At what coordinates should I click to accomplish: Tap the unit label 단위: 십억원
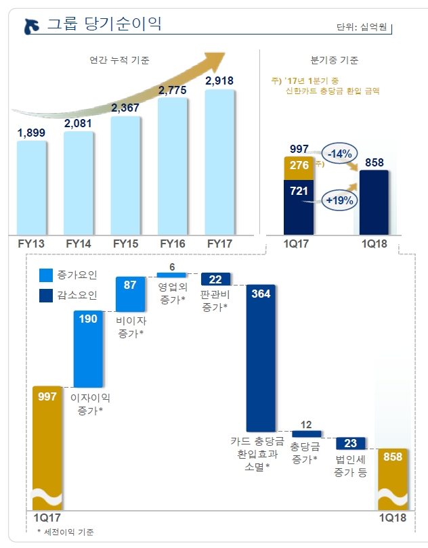coord(363,28)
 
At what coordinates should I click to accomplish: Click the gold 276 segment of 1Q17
coord(299,166)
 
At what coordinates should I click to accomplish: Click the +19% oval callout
coord(341,200)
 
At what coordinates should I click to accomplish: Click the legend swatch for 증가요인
coord(46,275)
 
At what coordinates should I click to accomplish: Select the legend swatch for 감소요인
coord(46,294)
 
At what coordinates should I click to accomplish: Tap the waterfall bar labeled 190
coord(88,349)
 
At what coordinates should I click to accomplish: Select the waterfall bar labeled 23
coord(350,443)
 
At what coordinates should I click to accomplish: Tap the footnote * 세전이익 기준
coord(66,532)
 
